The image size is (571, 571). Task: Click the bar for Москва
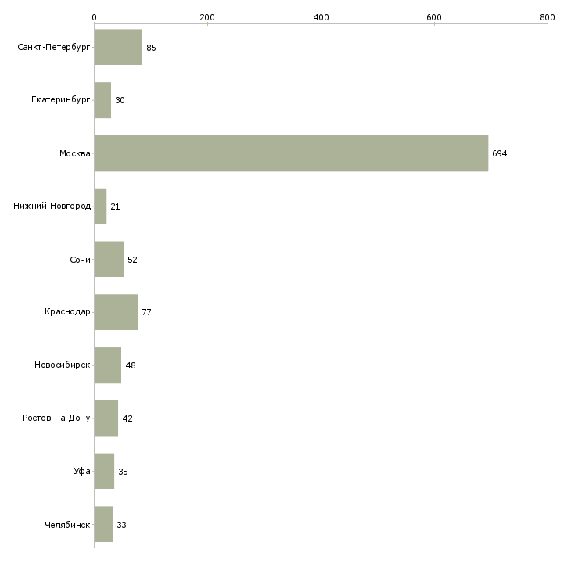coord(291,153)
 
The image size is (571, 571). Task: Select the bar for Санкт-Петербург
coord(118,48)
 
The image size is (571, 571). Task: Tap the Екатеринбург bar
coord(102,100)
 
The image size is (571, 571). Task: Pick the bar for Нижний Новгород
coord(100,206)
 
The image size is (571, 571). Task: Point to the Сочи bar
coord(109,260)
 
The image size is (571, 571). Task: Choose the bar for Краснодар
coord(116,312)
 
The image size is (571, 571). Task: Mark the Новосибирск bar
coord(107,365)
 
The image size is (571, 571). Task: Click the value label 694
coord(500,154)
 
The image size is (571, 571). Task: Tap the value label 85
coord(151,48)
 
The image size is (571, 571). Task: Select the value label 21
coord(115,206)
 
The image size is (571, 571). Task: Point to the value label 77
coord(146,313)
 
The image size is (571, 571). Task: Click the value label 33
coord(121,525)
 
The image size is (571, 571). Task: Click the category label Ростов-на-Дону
coord(57,418)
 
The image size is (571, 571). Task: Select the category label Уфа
coord(82,472)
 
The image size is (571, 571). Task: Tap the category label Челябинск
coord(67,525)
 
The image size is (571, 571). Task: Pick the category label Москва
coord(75,154)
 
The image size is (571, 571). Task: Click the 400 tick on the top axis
coord(321,16)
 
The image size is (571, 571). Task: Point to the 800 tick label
coord(548,16)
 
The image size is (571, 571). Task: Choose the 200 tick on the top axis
coord(207,16)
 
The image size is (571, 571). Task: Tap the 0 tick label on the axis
coord(94,16)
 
